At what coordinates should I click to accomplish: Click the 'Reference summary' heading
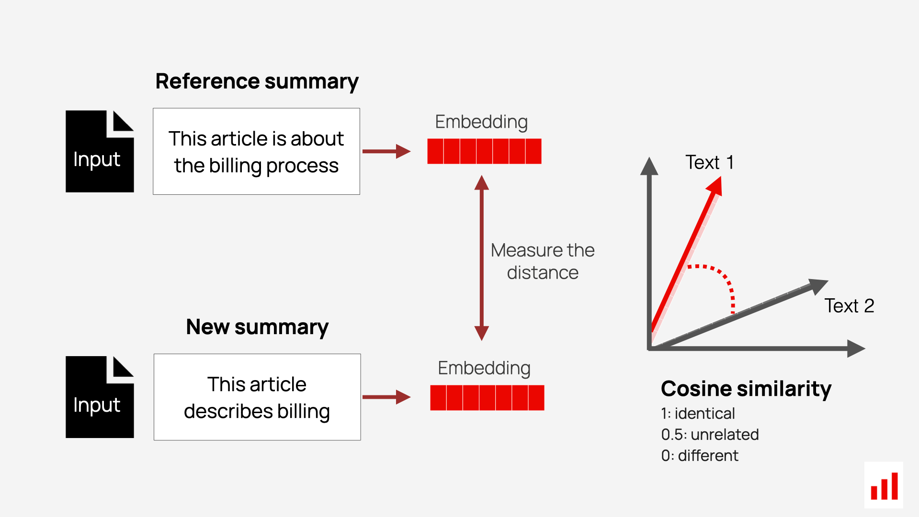pyautogui.click(x=257, y=81)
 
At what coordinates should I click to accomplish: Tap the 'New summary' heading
pyautogui.click(x=257, y=327)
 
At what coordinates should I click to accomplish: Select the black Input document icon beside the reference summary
pyautogui.click(x=100, y=151)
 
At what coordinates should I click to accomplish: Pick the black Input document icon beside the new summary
pyautogui.click(x=100, y=397)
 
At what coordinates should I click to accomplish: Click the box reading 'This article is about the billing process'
pyautogui.click(x=256, y=151)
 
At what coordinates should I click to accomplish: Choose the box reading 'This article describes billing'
pyautogui.click(x=257, y=397)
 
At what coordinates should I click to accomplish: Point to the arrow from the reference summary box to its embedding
pyautogui.click(x=386, y=151)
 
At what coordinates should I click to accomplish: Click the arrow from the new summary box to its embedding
pyautogui.click(x=386, y=397)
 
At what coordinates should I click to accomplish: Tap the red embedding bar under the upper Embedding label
pyautogui.click(x=484, y=151)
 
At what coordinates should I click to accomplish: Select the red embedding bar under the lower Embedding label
pyautogui.click(x=487, y=398)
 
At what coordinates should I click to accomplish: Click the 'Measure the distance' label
pyautogui.click(x=543, y=261)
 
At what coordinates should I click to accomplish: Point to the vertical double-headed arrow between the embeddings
pyautogui.click(x=482, y=258)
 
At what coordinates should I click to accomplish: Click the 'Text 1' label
pyautogui.click(x=710, y=162)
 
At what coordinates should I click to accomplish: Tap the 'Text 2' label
pyautogui.click(x=849, y=305)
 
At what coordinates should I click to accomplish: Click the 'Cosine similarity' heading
pyautogui.click(x=746, y=389)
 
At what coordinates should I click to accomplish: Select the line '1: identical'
pyautogui.click(x=698, y=414)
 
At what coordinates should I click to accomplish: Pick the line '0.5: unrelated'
pyautogui.click(x=710, y=435)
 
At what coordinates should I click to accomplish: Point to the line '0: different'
pyautogui.click(x=700, y=456)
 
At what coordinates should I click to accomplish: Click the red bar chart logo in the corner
pyautogui.click(x=884, y=485)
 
